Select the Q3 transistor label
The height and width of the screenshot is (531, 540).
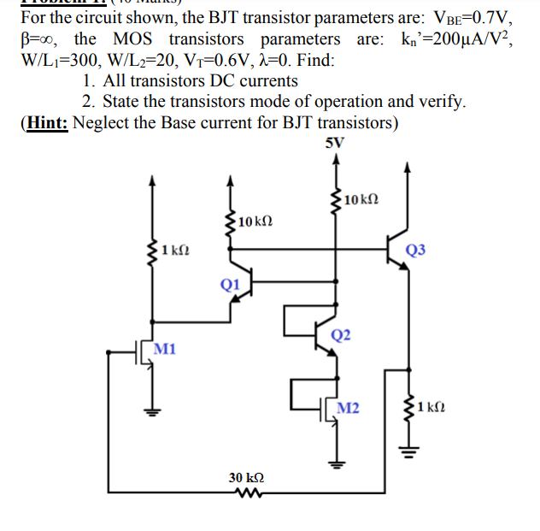415,250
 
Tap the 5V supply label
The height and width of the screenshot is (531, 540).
335,143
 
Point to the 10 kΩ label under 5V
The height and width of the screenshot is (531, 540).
358,199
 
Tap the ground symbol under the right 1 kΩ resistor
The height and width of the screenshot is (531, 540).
408,447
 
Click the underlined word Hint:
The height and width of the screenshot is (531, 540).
50,122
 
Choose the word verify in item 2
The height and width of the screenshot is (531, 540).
440,102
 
